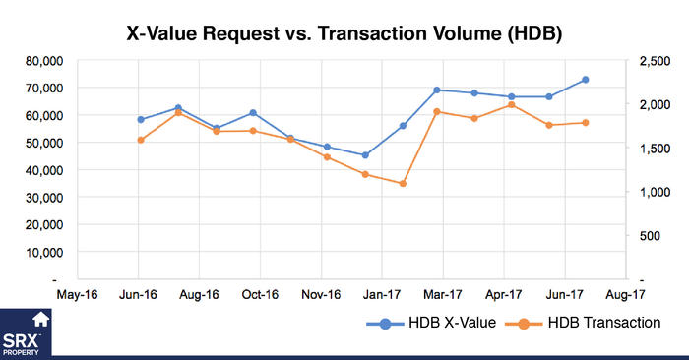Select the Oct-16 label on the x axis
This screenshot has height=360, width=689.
coord(260,293)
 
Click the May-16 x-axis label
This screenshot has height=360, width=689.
coord(78,293)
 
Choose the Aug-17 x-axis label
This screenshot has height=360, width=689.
coord(625,293)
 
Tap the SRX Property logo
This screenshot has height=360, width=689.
coord(28,331)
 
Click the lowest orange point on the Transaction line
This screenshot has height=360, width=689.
coord(403,184)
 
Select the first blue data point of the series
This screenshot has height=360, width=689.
coord(141,120)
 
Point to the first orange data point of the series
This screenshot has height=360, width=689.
coord(141,140)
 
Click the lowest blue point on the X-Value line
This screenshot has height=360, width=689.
coord(365,155)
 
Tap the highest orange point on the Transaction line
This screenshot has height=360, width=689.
coord(511,104)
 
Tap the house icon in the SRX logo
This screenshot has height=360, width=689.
coord(41,319)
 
